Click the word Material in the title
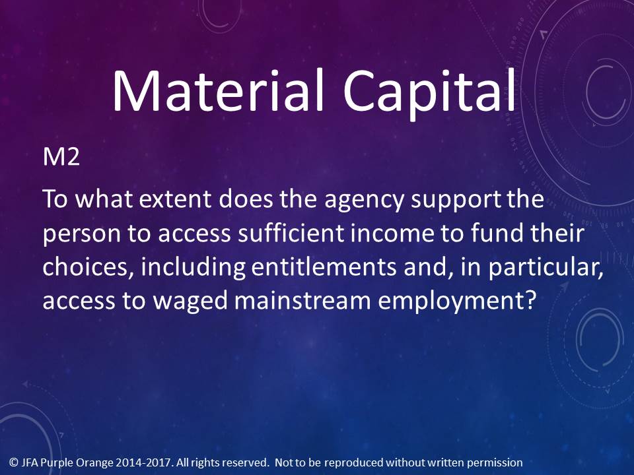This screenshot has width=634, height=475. tap(218, 90)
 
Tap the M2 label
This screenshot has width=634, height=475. tap(61, 156)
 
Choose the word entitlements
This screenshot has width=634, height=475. tap(324, 267)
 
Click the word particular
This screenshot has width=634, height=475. tap(546, 269)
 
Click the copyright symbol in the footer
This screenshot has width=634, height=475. tap(14, 462)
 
